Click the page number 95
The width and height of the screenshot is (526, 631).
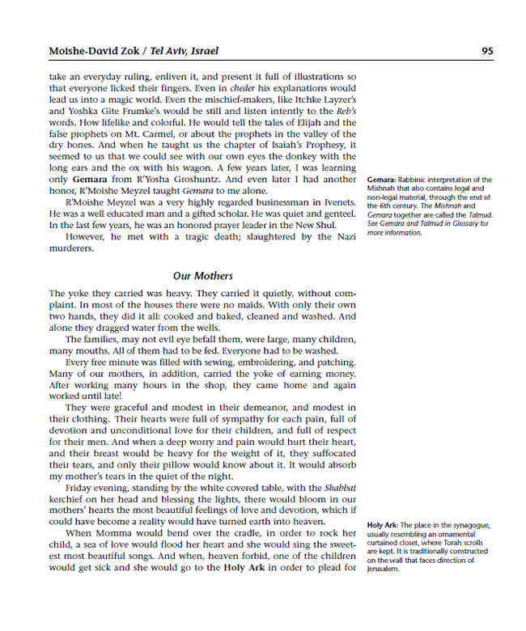(487, 50)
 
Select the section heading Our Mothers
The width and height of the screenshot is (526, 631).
(202, 276)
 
